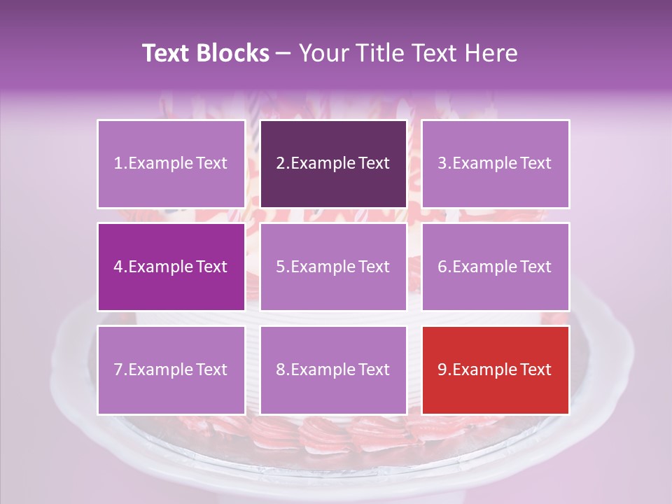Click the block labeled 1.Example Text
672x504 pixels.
coord(171,164)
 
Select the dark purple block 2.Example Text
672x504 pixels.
coord(333,164)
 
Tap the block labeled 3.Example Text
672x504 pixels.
coord(495,164)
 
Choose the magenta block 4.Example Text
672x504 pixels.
coord(171,267)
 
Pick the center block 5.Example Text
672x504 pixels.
coord(333,267)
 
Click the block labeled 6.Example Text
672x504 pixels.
coord(495,267)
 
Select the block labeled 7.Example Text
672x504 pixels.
coord(171,370)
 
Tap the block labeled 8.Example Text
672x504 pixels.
coord(333,370)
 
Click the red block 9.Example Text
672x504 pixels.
coord(495,370)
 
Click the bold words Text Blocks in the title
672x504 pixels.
coord(206,53)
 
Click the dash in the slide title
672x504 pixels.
coord(284,53)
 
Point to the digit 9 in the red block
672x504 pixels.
coord(442,370)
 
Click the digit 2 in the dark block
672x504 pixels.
coord(281,164)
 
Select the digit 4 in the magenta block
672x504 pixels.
coord(118,267)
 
